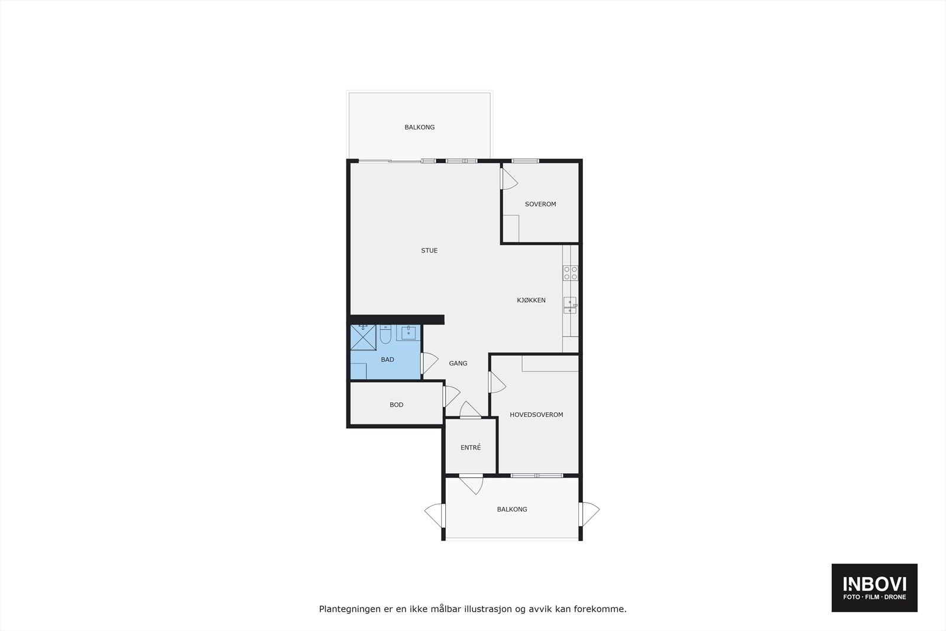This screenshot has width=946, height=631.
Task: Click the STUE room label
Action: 429,251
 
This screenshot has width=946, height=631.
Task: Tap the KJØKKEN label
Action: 531,300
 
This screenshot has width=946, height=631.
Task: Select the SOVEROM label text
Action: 540,205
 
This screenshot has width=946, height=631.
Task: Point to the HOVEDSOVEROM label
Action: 536,415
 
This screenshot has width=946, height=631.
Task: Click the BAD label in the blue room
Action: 387,360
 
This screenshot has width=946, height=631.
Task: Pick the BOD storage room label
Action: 396,405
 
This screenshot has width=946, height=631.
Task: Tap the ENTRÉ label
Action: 471,448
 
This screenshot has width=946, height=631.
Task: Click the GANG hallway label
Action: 458,364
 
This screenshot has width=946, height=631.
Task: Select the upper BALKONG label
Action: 420,128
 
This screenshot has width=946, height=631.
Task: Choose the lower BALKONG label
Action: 512,510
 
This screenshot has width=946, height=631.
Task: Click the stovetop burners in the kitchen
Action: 571,273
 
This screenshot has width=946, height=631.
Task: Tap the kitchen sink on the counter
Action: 569,305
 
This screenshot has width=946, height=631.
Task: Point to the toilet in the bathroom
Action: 385,335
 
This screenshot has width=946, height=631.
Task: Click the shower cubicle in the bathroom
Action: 363,337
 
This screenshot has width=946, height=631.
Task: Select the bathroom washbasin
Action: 408,333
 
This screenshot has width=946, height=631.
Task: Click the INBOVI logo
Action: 874,587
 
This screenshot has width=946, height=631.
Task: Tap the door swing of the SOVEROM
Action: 508,179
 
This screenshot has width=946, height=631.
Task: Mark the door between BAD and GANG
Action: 429,363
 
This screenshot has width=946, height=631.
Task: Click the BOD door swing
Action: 451,396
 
